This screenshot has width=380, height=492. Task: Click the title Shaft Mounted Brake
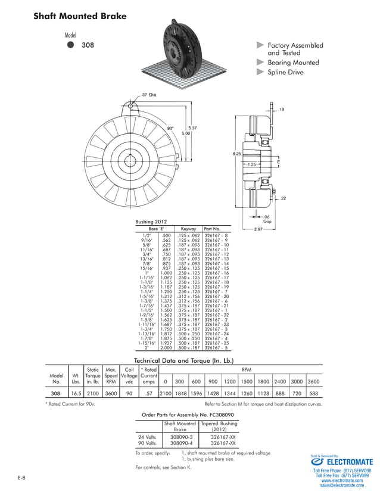click(x=80, y=16)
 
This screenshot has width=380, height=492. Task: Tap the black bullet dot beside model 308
click(x=70, y=45)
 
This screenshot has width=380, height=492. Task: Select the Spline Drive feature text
click(x=285, y=72)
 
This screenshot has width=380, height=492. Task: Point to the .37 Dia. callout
click(x=149, y=95)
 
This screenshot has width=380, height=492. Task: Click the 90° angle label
click(x=170, y=127)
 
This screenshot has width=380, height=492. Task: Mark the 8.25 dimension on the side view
click(x=236, y=154)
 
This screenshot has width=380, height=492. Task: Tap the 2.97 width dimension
click(x=258, y=229)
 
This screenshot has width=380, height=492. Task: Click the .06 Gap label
click(x=267, y=219)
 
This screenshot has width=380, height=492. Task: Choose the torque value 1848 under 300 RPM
click(x=179, y=394)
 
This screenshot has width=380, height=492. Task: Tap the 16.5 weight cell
click(x=76, y=394)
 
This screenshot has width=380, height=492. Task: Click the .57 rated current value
click(x=149, y=394)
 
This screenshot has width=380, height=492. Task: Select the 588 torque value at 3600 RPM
click(x=313, y=394)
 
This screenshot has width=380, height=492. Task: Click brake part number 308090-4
click(x=180, y=443)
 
